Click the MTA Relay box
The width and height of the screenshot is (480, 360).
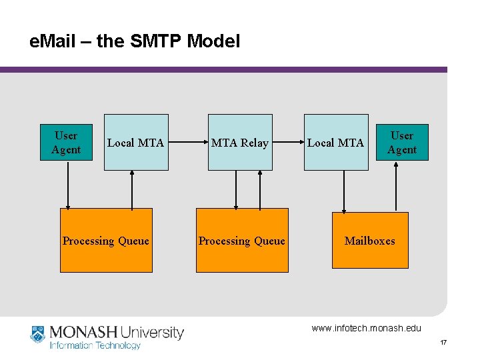pos(240,142)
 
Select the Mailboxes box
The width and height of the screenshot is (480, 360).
pos(369,240)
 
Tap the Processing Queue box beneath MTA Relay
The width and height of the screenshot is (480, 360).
pos(241,240)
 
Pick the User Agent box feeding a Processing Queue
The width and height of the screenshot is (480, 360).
pos(66,143)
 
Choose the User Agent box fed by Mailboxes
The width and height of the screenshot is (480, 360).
pos(402,143)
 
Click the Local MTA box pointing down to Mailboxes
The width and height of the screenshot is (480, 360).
pos(336,142)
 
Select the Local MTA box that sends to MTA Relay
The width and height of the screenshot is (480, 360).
pos(136,142)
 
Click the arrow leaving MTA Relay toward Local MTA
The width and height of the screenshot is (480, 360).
pos(288,142)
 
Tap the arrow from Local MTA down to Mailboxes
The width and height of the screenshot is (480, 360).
pos(343,191)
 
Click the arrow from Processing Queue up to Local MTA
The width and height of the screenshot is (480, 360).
pos(132,189)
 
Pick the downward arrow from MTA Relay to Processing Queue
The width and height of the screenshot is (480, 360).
pos(235,189)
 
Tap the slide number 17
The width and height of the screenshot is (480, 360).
pos(443,343)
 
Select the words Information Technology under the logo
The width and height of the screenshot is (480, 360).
pos(95,345)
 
